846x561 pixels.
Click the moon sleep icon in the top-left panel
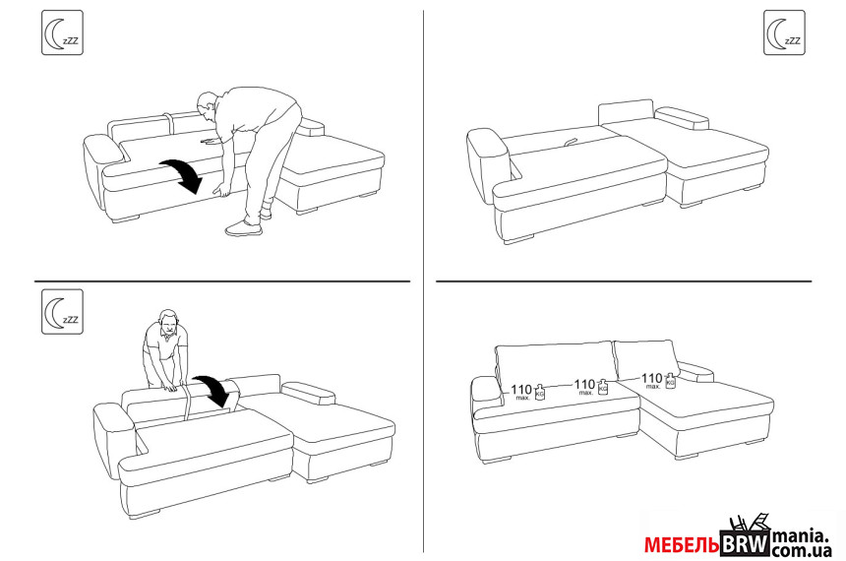(63, 32)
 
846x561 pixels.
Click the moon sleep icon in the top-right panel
(784, 32)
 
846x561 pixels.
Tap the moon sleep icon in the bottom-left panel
(63, 312)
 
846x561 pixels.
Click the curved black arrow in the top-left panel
(182, 175)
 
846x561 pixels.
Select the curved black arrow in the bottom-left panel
(213, 391)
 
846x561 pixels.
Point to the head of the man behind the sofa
(168, 323)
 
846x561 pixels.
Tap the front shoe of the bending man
(243, 228)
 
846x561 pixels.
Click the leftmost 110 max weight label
(521, 392)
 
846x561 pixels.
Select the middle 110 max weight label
(585, 387)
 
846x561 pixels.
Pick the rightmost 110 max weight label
(652, 380)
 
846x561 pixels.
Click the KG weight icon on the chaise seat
(670, 380)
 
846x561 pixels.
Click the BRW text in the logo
(745, 544)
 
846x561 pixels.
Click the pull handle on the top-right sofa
(570, 142)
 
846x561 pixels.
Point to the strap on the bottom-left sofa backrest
(187, 401)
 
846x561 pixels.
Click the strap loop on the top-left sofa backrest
(168, 125)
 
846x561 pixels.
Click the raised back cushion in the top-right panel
(626, 112)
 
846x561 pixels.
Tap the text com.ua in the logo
(802, 551)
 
